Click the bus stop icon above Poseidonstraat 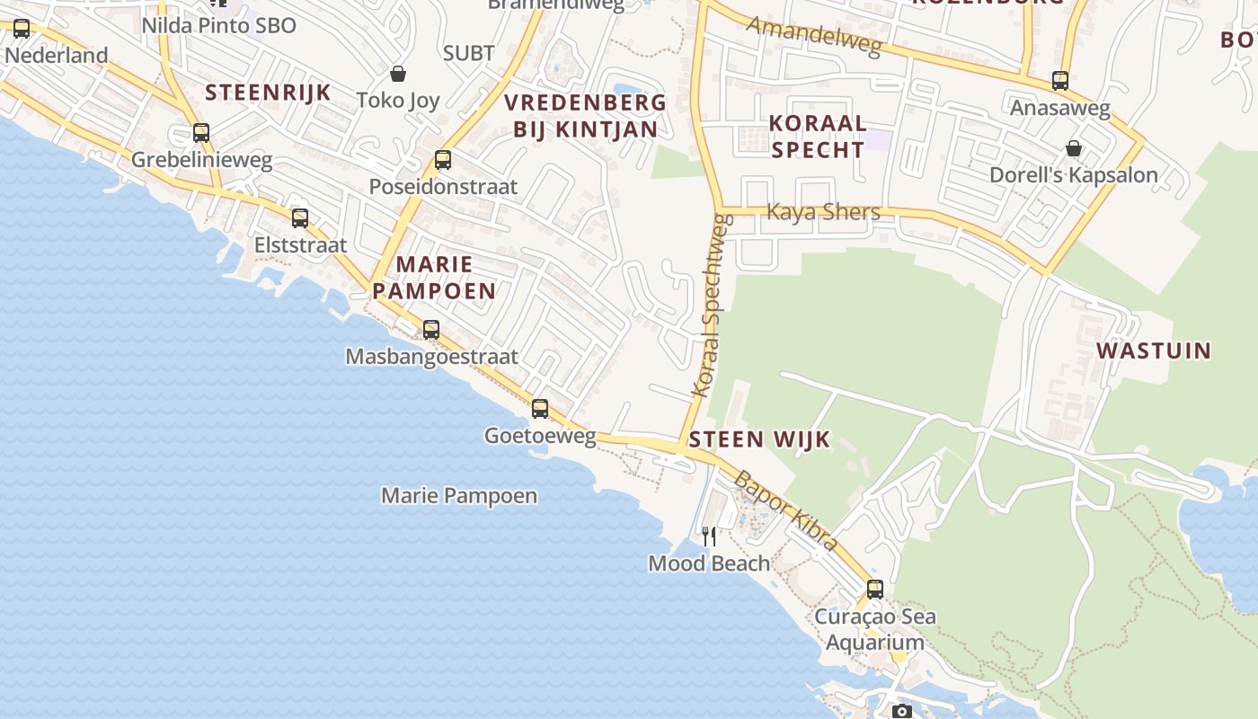[443, 161]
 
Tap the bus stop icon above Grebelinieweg [201, 134]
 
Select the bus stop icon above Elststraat [300, 218]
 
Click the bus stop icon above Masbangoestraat [431, 330]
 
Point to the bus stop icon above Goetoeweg [540, 409]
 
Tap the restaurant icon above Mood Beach [709, 537]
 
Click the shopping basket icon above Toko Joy [398, 74]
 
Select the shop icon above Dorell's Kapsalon [1073, 148]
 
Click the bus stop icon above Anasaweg [1060, 81]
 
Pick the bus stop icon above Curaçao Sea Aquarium [875, 590]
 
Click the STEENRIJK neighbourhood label [268, 93]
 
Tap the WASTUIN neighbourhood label [1154, 351]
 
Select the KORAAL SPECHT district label [818, 136]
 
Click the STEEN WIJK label [760, 440]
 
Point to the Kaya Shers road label [823, 212]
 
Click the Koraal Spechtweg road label [709, 306]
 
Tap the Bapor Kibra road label [786, 510]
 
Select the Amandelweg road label [814, 36]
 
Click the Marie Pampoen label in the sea [459, 495]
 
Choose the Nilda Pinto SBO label [218, 25]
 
